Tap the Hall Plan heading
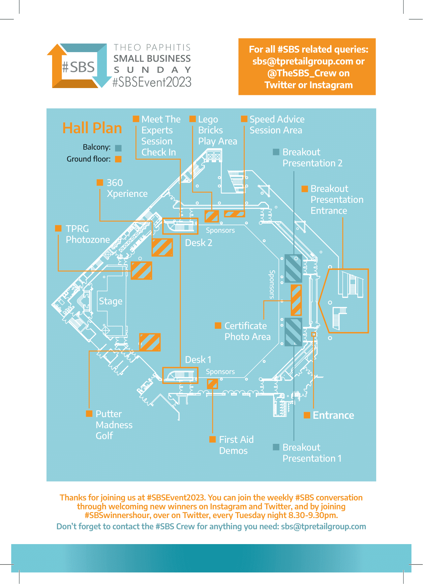[92, 128]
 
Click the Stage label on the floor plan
[110, 301]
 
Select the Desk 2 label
[198, 243]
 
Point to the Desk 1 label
[198, 359]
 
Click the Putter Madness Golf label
[114, 425]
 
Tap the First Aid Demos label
[236, 445]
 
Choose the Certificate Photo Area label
[247, 331]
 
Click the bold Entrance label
[333, 415]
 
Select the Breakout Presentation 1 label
[312, 453]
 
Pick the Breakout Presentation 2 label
[312, 158]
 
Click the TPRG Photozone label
[87, 234]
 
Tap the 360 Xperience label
[127, 188]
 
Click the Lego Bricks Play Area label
[217, 130]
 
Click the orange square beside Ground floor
[118, 159]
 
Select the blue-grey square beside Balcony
[118, 148]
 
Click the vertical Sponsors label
[272, 284]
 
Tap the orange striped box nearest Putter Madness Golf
[150, 342]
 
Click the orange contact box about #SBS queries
[307, 67]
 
